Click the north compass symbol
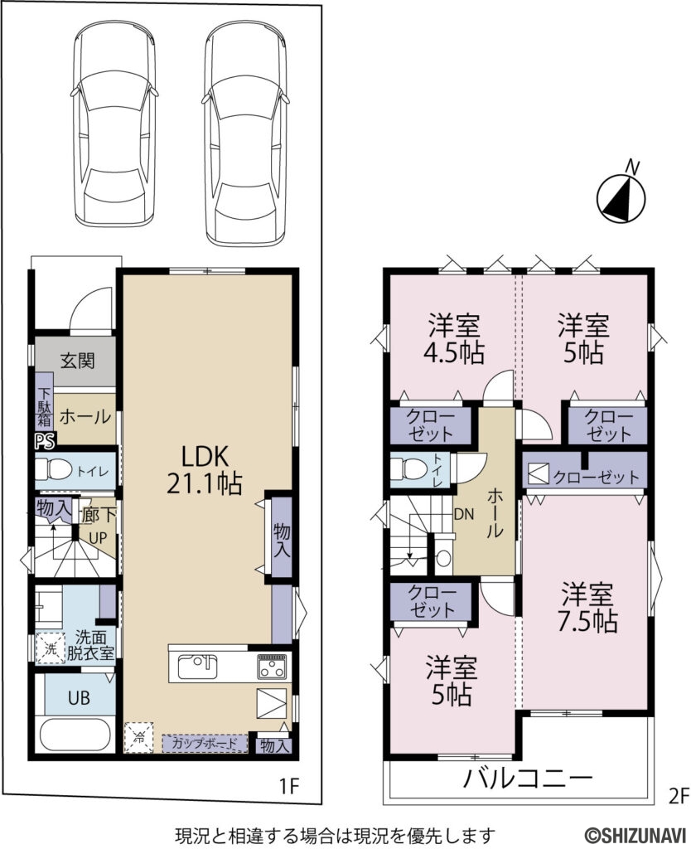click(621, 197)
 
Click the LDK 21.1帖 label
click(205, 469)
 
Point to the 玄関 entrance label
click(77, 361)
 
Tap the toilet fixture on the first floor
click(56, 471)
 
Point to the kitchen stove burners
click(273, 665)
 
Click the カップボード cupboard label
click(205, 743)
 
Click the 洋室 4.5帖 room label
click(456, 338)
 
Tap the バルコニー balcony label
click(528, 779)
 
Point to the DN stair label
click(464, 514)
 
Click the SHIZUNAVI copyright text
click(638, 834)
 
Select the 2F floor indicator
click(679, 797)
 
